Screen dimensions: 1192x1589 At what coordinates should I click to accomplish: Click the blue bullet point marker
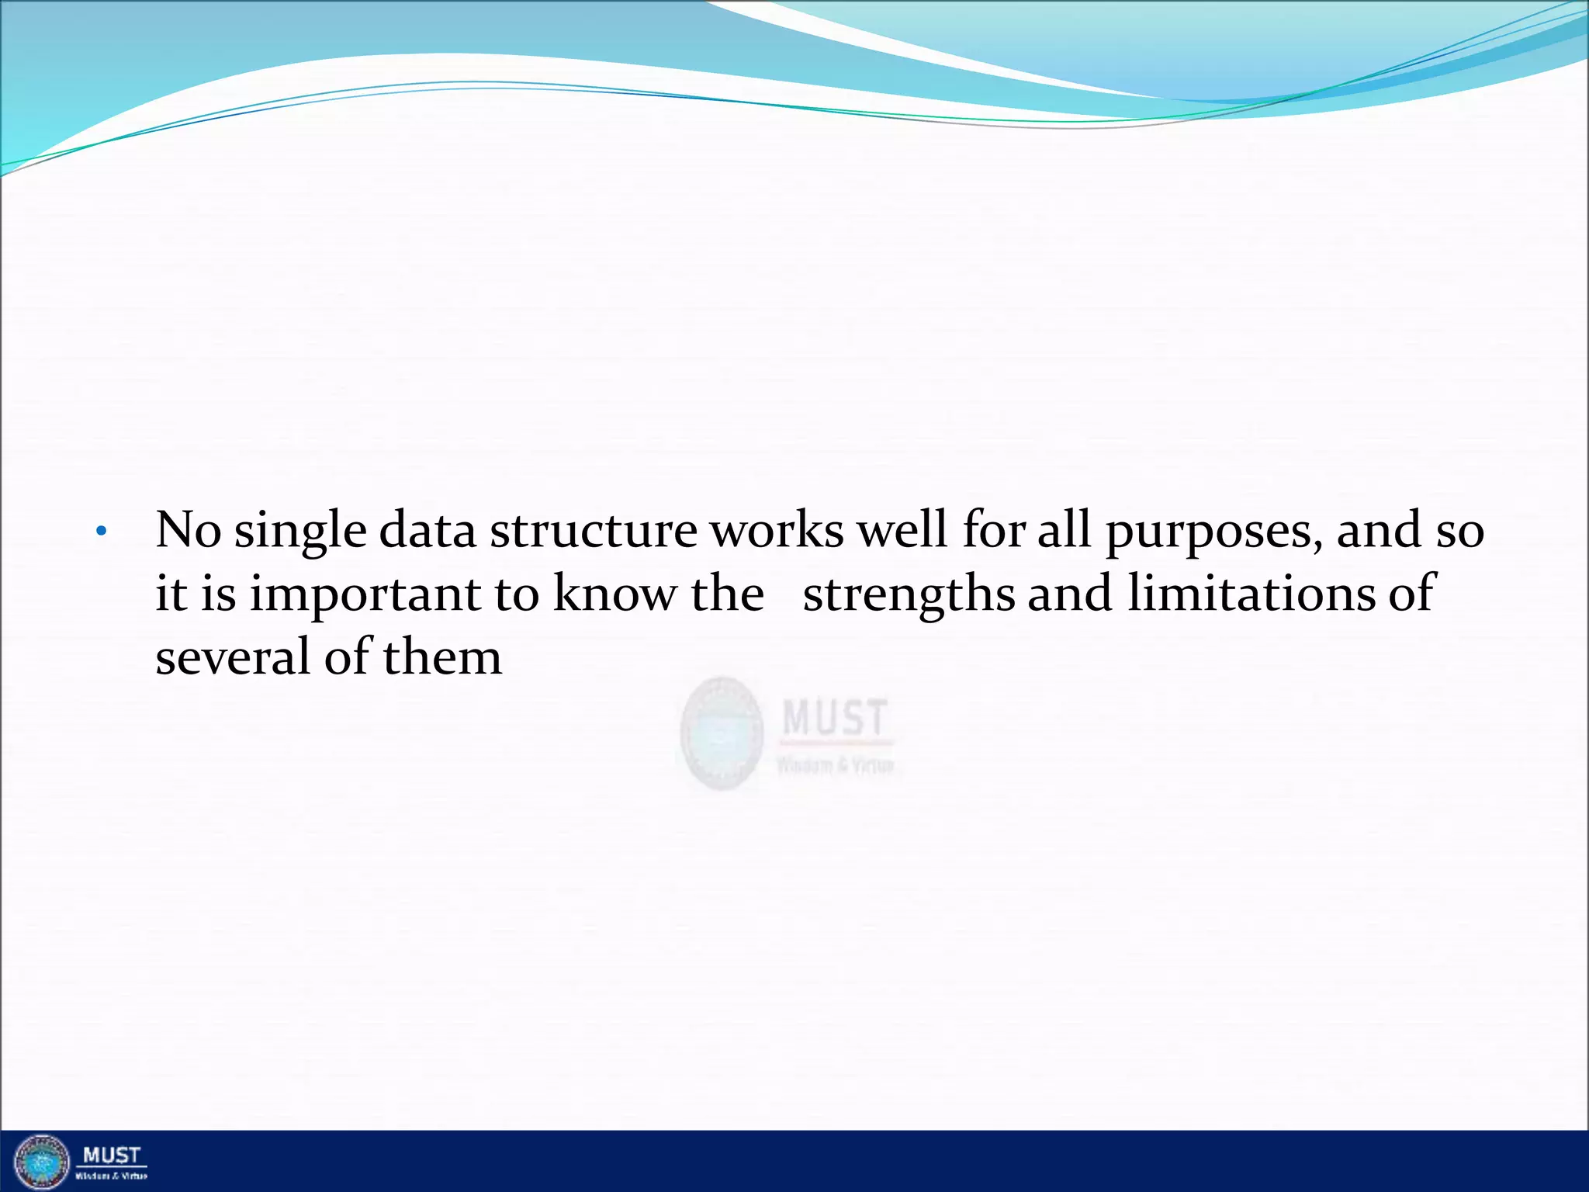click(100, 532)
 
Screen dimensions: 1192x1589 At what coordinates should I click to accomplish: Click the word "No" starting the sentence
click(188, 531)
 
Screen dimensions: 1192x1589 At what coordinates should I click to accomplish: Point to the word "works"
click(777, 531)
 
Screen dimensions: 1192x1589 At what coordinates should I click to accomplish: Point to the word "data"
click(427, 531)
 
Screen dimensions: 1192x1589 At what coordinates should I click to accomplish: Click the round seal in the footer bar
click(42, 1161)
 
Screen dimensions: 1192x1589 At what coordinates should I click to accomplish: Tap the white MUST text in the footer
click(112, 1156)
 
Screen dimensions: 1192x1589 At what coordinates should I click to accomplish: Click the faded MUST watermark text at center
click(834, 718)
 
